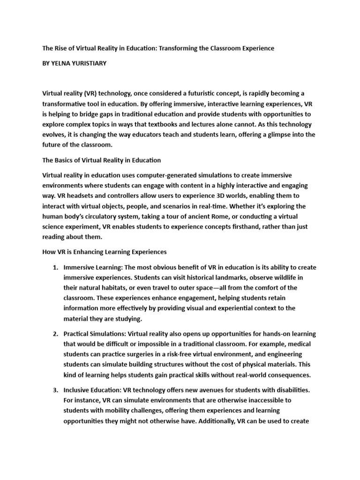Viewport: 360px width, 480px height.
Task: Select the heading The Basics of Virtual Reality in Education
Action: pos(102,160)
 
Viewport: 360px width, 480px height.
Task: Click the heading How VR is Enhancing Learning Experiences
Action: pos(105,252)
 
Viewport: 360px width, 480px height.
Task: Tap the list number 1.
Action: pos(55,267)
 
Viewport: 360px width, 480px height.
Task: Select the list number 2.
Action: pos(55,334)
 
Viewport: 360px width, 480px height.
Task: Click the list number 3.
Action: pos(55,390)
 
